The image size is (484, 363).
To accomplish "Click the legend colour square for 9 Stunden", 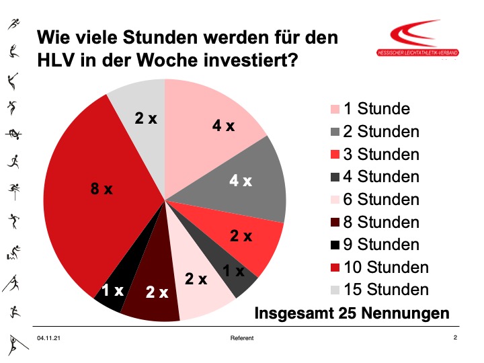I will (334, 245).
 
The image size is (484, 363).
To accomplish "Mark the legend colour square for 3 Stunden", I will (334, 155).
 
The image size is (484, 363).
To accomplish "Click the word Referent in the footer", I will (242, 338).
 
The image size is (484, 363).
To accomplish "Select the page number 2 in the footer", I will (455, 337).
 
